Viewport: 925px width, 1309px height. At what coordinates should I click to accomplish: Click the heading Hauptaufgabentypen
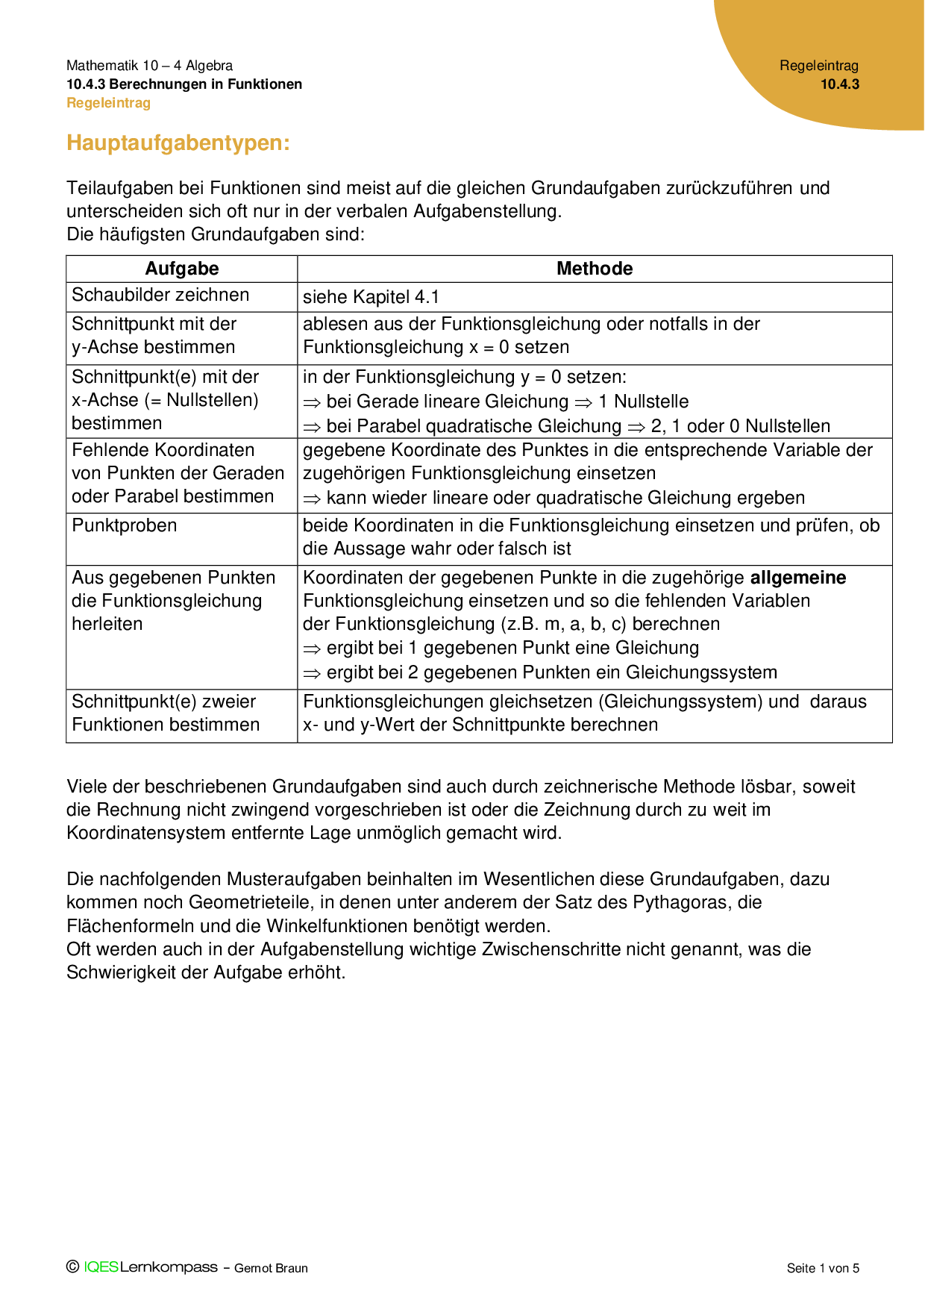(x=178, y=143)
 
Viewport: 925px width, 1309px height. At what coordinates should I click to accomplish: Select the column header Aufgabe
(x=182, y=269)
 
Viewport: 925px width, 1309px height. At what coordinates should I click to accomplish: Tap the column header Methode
(x=595, y=269)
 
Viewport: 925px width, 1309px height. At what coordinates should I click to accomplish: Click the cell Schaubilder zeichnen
(x=160, y=295)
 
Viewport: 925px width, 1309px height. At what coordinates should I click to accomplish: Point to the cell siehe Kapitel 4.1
(x=371, y=297)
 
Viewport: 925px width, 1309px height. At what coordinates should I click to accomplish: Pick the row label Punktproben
(x=125, y=525)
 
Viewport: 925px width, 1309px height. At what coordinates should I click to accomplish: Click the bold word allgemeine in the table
(x=798, y=578)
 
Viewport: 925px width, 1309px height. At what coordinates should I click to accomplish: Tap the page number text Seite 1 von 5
(x=823, y=1268)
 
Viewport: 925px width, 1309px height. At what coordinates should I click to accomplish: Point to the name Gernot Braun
(x=271, y=1268)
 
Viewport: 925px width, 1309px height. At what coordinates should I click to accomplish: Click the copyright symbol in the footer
(x=72, y=1267)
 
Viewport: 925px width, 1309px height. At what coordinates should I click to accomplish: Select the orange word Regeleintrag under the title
(x=108, y=103)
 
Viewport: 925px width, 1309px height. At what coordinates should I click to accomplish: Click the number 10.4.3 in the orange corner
(x=840, y=84)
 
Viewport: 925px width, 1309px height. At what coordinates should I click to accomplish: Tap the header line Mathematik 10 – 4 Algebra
(x=149, y=66)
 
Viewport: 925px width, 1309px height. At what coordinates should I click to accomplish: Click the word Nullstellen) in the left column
(x=213, y=400)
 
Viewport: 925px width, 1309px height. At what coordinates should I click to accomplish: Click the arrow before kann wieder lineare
(x=311, y=499)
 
